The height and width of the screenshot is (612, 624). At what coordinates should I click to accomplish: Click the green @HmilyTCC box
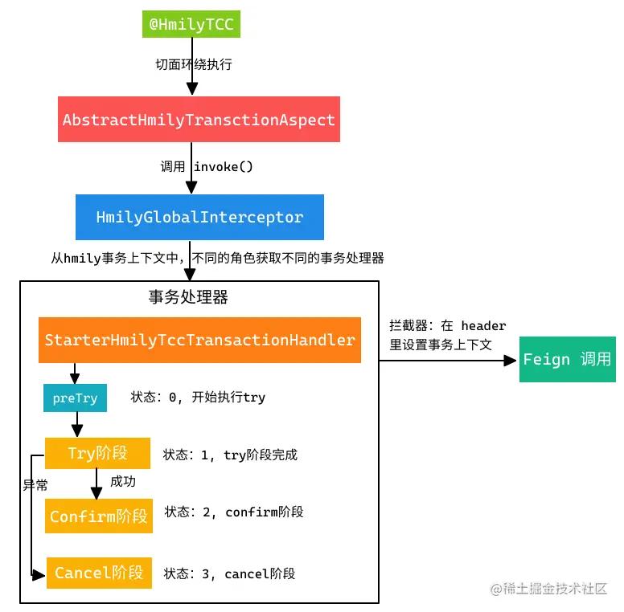tap(191, 24)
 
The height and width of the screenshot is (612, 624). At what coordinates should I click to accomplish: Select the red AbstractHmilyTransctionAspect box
tap(199, 120)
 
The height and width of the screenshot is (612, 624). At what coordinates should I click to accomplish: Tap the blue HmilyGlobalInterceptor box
tap(199, 217)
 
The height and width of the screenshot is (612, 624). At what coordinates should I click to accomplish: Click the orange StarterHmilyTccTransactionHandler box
tap(199, 340)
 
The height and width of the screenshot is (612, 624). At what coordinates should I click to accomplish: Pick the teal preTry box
tap(74, 398)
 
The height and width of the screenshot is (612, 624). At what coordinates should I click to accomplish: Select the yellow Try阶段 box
tap(97, 454)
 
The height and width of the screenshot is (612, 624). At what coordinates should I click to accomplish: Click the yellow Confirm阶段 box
tap(98, 516)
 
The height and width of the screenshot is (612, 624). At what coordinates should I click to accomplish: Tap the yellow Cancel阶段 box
tap(99, 573)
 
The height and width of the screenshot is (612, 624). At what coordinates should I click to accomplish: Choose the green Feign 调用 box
tap(567, 359)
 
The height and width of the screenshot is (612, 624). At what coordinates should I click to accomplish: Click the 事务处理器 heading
tap(188, 297)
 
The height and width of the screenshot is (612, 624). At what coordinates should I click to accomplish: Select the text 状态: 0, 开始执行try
tap(198, 398)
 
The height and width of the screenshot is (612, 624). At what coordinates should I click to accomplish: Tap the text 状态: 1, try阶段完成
tap(230, 455)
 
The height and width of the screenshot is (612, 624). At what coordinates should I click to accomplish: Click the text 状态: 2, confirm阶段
tap(234, 512)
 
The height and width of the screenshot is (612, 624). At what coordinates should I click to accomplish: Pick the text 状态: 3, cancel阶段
tap(229, 573)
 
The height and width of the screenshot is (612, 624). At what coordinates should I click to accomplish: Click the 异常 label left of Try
tap(35, 485)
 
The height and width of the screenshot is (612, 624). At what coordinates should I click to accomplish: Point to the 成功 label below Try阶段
tap(123, 482)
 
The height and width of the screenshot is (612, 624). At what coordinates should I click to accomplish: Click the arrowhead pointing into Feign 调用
tap(510, 361)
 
